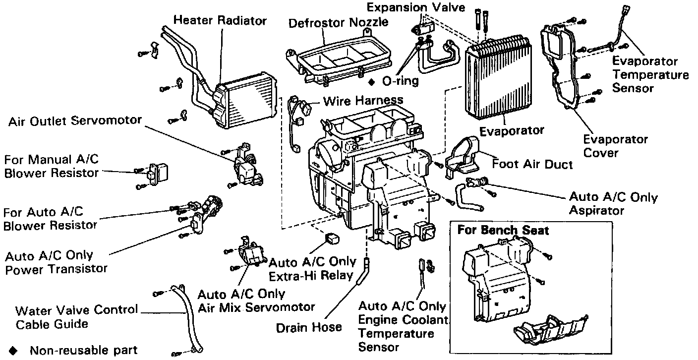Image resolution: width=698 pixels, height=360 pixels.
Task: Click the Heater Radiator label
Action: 220,20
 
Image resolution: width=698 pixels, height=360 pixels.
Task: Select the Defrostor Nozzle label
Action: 338,22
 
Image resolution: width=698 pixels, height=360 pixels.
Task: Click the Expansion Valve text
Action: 416,7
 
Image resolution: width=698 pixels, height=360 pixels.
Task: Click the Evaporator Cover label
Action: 615,146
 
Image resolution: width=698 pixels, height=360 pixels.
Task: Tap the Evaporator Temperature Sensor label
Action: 650,74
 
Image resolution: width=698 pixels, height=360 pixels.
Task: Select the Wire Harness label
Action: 363,100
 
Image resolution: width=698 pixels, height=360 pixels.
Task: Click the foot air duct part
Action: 462,157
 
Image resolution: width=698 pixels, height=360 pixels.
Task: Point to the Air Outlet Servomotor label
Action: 75,120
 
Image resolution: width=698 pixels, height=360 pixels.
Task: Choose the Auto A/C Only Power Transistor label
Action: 56,262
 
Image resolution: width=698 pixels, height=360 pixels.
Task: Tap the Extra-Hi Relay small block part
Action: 332,239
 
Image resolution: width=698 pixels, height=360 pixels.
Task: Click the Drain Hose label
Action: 309,328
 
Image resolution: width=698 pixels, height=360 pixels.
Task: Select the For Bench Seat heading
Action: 503,230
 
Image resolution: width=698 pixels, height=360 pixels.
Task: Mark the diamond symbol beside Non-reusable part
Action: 13,351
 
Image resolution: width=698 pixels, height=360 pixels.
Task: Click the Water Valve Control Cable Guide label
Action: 77,317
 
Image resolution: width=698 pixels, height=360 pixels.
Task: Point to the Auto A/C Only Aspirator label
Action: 613,203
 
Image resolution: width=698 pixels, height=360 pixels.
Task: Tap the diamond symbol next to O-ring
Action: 371,82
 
